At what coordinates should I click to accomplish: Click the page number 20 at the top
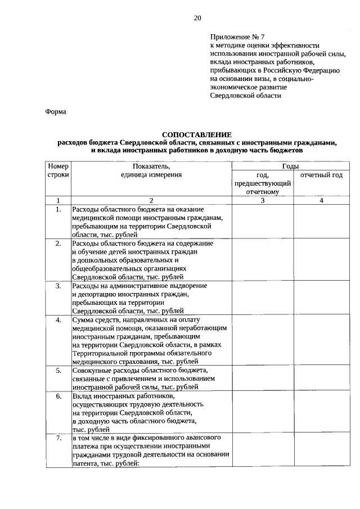pos(197,17)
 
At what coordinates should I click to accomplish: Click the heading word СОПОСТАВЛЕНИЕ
pos(196,135)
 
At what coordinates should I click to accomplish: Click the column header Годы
pos(290,167)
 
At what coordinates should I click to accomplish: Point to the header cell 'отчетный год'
pos(321,175)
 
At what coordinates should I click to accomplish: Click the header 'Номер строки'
pos(58,171)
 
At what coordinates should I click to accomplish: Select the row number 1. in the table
pos(58,210)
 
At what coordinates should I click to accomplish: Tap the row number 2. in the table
pos(58,244)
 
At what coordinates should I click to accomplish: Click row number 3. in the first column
pos(58,286)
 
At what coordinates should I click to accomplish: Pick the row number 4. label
pos(58,320)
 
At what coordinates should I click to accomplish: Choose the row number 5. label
pos(58,371)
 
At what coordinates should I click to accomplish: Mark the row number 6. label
pos(58,397)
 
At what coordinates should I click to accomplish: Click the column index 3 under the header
pos(262,200)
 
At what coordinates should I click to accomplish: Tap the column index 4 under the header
pos(321,200)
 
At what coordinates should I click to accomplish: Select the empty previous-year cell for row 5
pos(262,379)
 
